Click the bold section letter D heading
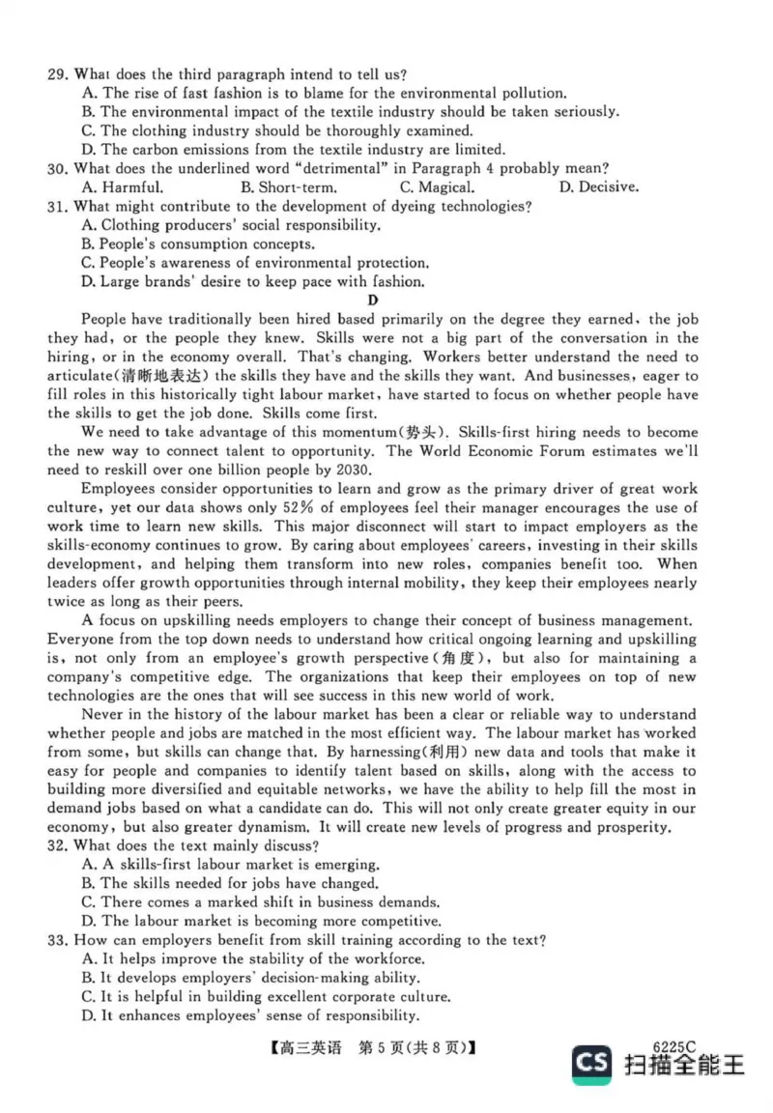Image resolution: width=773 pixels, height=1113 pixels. (x=386, y=300)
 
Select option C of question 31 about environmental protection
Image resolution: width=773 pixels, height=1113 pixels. (x=255, y=263)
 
